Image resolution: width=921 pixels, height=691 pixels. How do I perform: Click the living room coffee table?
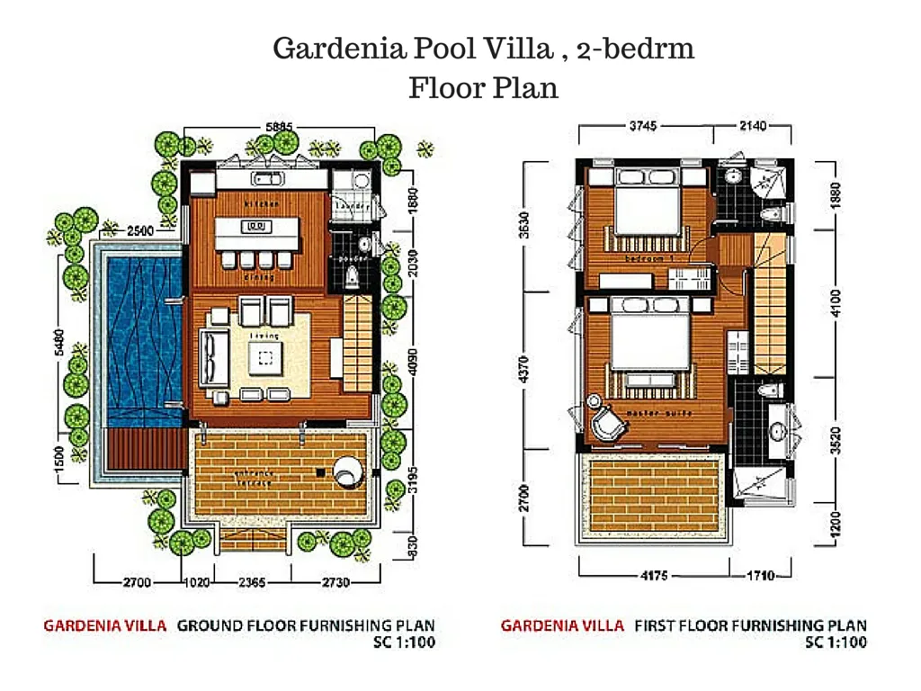[264, 356]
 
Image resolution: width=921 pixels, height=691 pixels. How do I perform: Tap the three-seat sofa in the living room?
[214, 356]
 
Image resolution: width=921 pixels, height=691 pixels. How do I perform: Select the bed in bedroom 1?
[645, 214]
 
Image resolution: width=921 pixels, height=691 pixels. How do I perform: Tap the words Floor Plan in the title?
[483, 88]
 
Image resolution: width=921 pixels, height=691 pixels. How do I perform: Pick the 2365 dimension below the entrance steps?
[251, 582]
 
